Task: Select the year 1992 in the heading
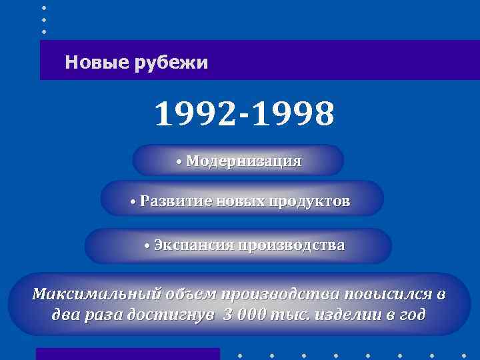pos(194,115)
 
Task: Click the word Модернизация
pos(244,161)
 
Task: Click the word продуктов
pos(309,201)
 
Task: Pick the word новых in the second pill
pos(241,201)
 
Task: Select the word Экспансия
pos(194,245)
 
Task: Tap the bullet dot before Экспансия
pos(148,247)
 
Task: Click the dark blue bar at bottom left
pos(127,353)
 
